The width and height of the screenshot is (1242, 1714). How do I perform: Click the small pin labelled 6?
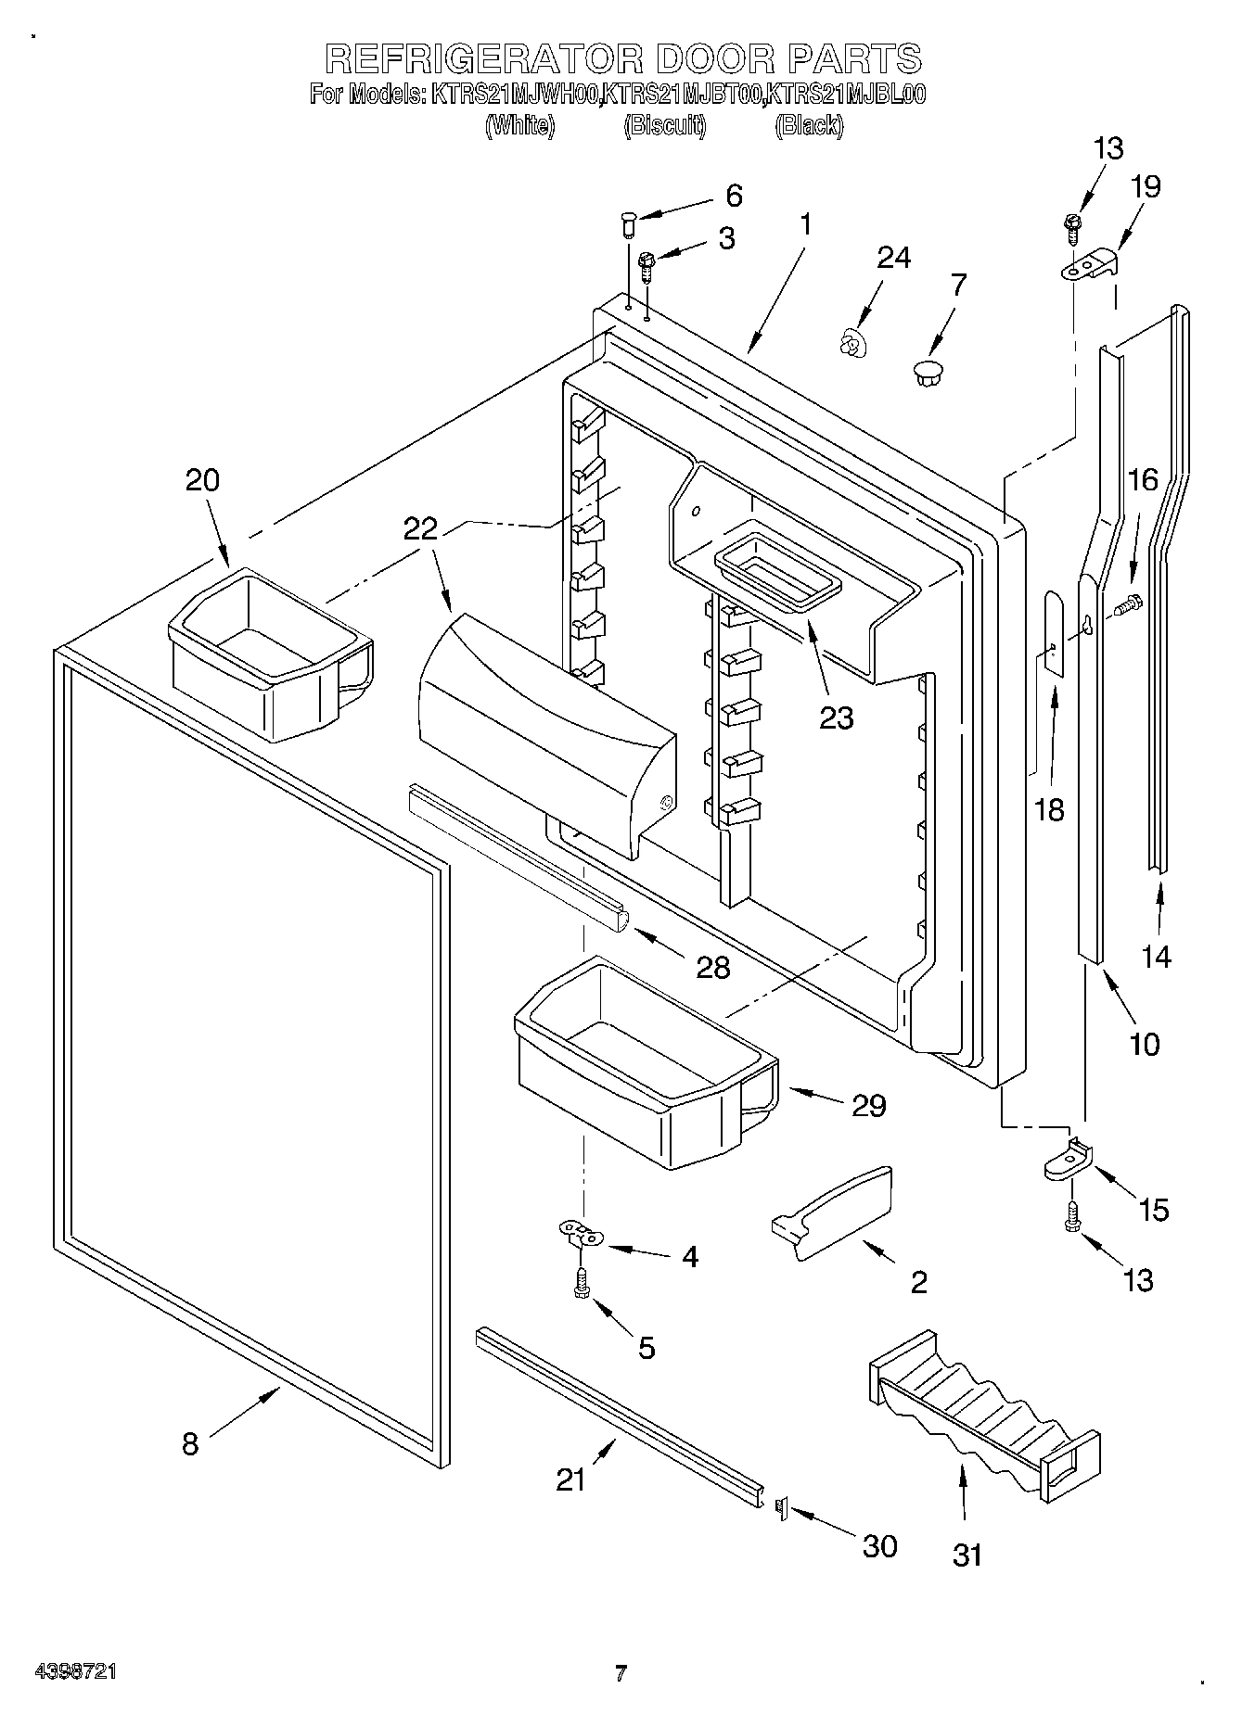[x=628, y=222]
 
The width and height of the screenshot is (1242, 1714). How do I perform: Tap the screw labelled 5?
[x=582, y=1284]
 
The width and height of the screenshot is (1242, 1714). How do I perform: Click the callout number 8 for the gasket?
[x=190, y=1443]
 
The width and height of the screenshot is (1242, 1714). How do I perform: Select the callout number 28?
[x=712, y=967]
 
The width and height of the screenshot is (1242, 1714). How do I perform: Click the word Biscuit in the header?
[x=665, y=125]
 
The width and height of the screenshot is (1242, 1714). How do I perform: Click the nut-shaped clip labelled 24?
[x=848, y=346]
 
